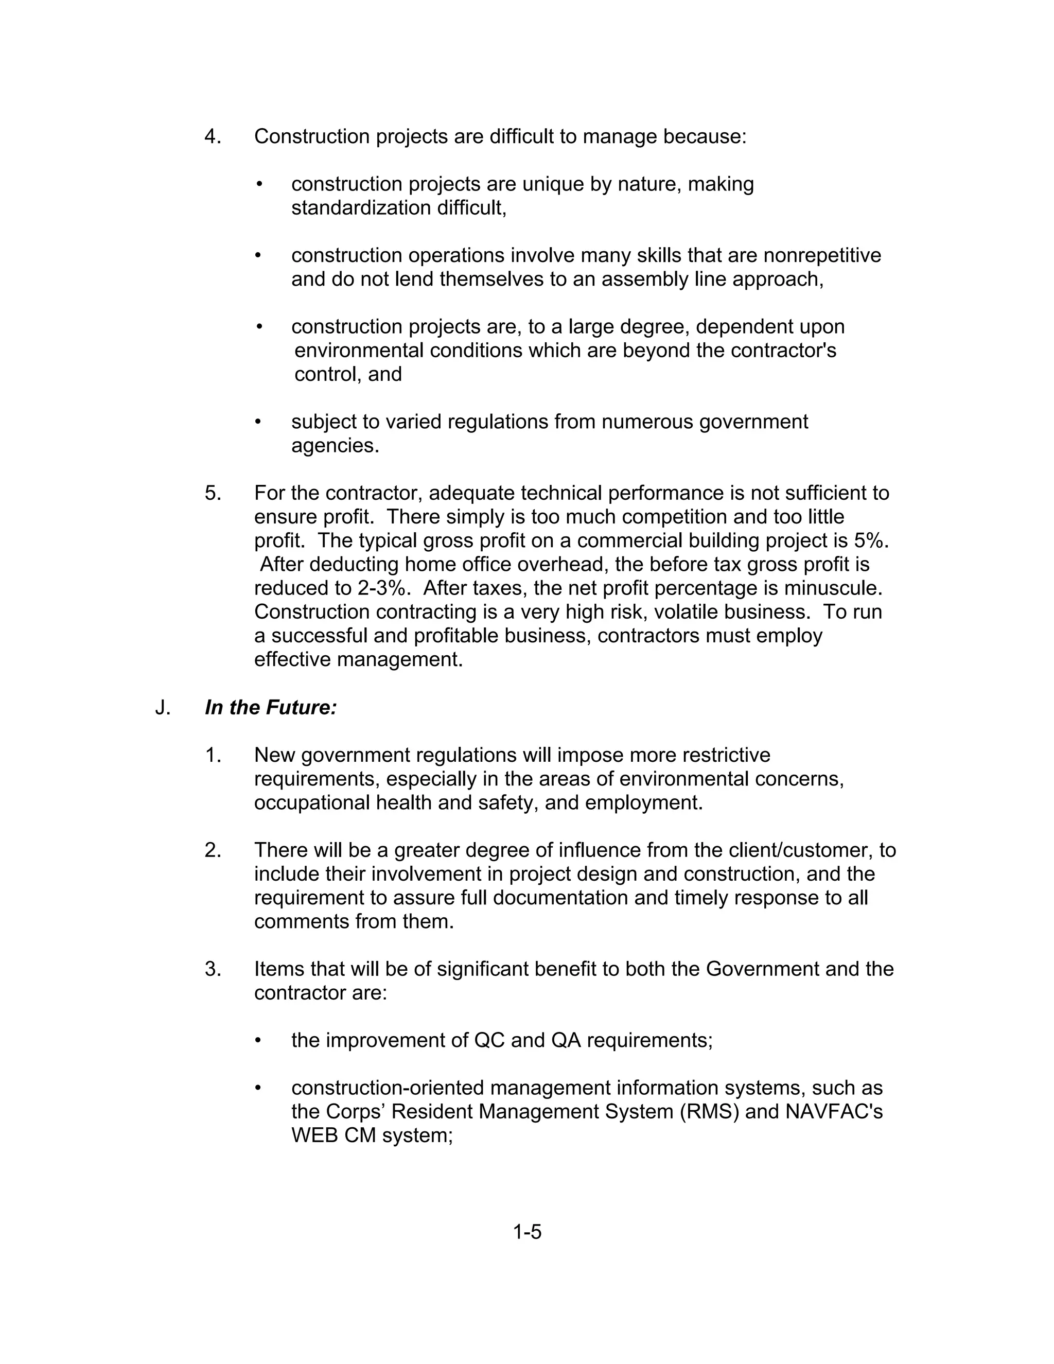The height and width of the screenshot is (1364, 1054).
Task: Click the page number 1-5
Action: (x=527, y=1232)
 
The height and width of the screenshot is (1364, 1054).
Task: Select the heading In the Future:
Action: (x=271, y=708)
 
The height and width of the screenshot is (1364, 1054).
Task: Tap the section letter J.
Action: (x=162, y=708)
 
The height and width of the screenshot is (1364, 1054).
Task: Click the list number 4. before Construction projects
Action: (x=213, y=137)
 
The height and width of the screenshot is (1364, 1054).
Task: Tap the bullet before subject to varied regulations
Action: (x=258, y=422)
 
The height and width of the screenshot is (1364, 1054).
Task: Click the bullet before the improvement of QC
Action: (x=258, y=1040)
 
